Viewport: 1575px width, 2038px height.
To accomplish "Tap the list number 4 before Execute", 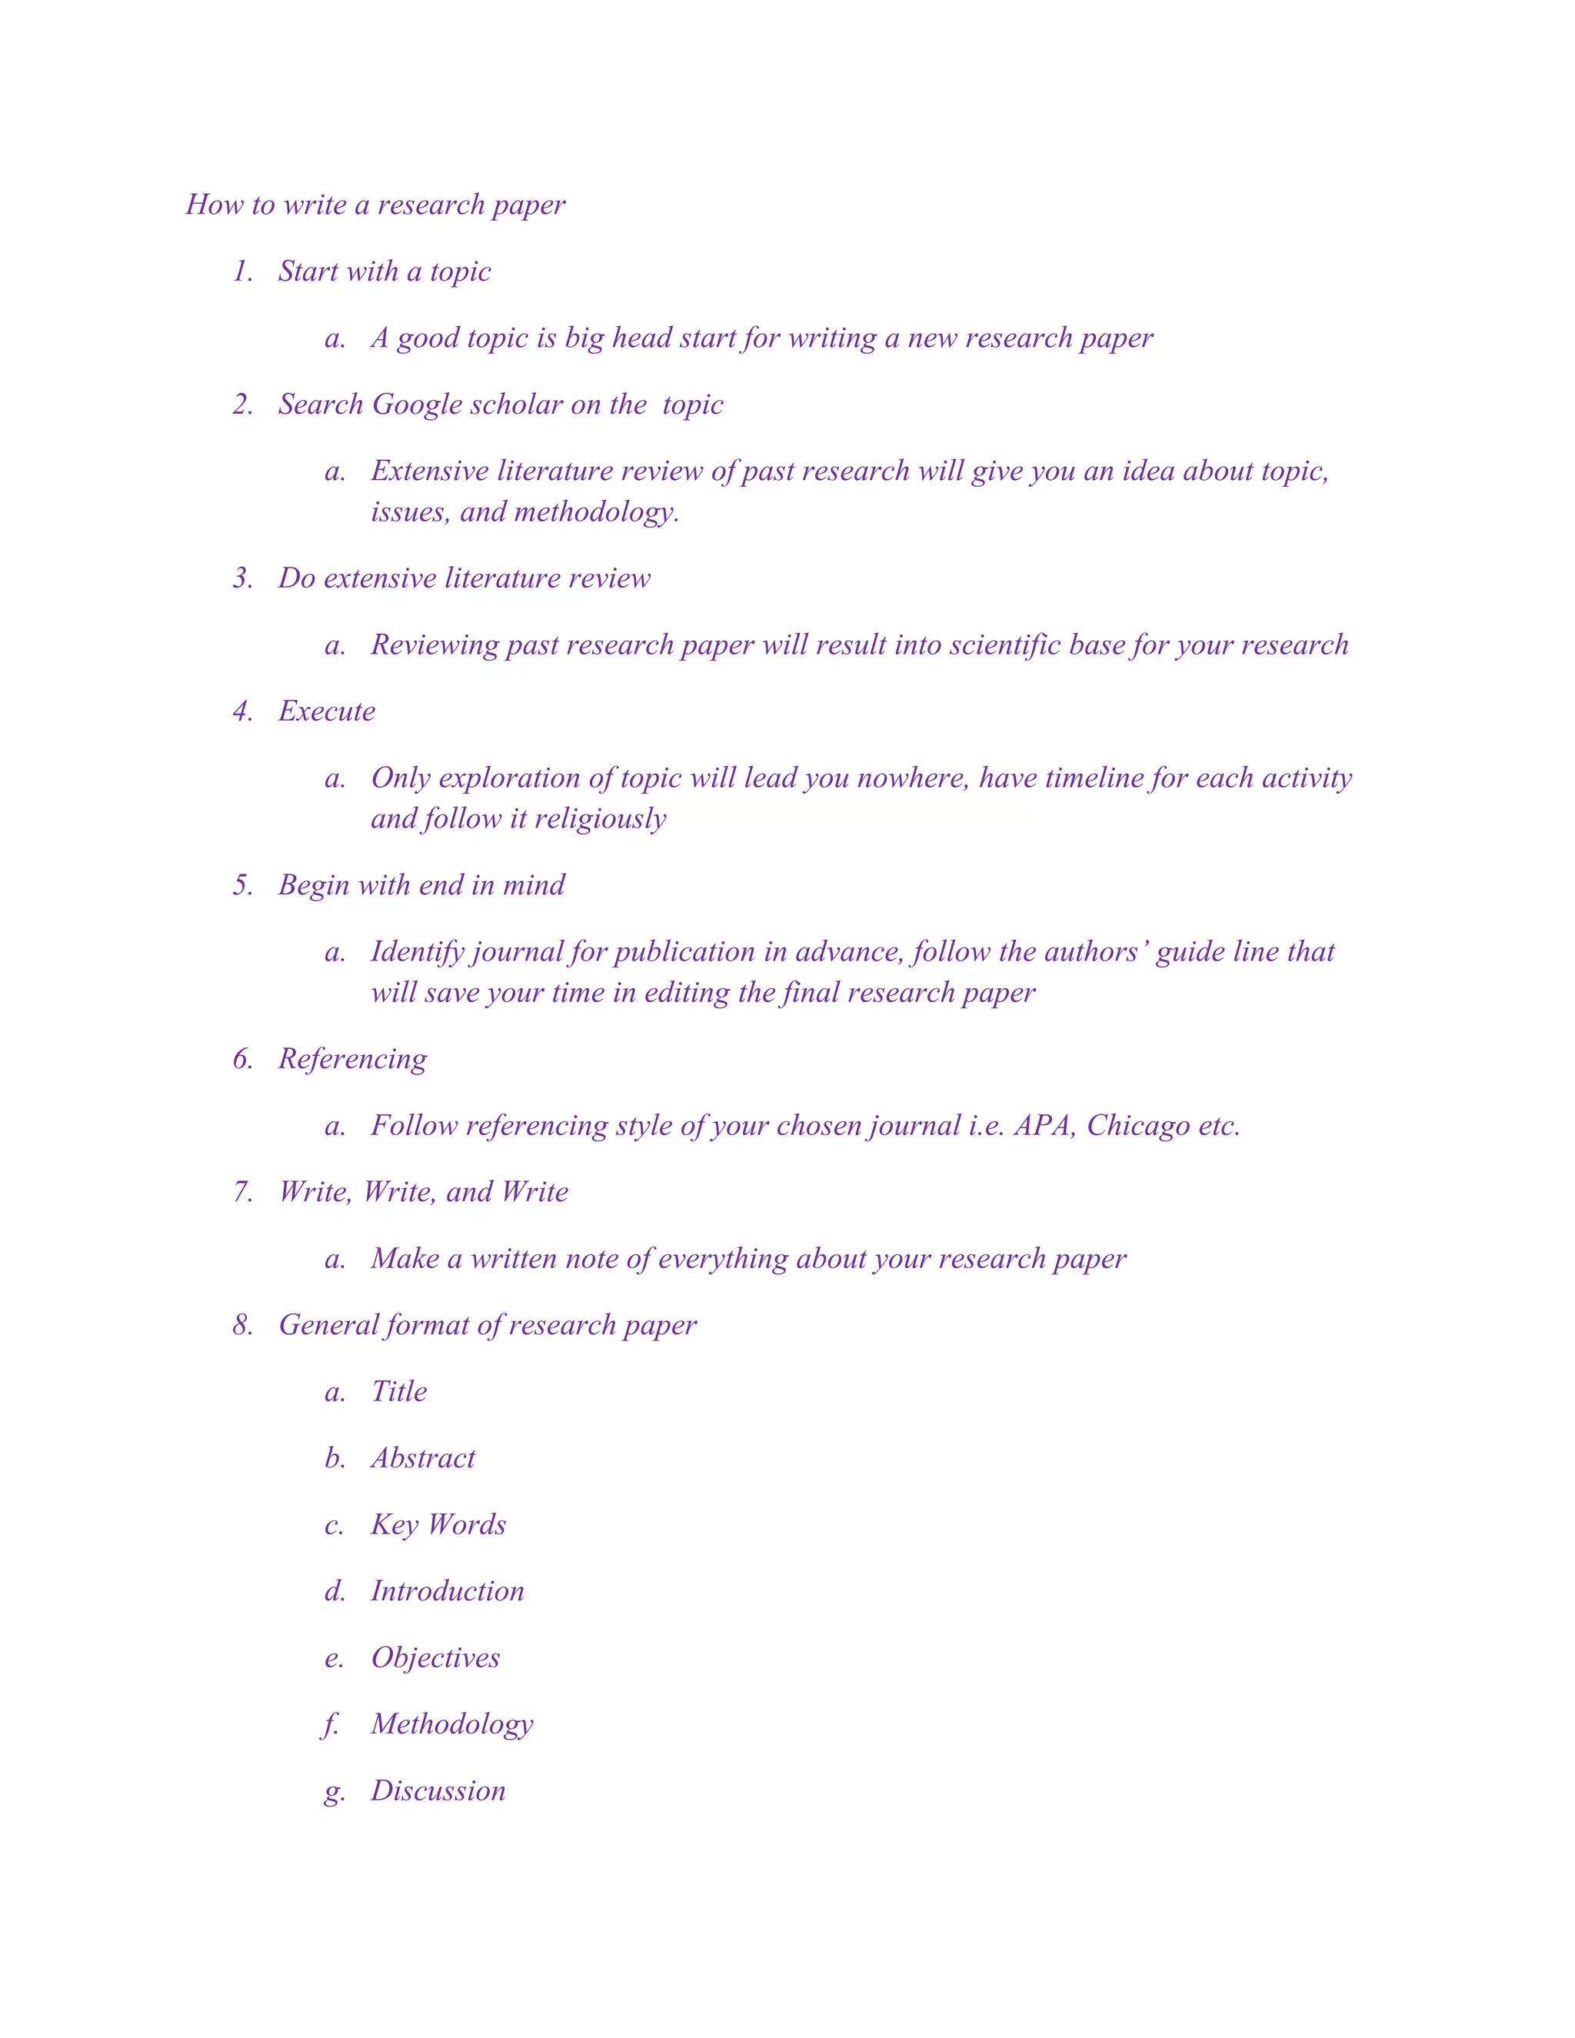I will click(x=241, y=712).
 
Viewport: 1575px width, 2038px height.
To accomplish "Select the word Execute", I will click(x=327, y=712).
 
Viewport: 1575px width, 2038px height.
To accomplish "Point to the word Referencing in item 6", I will click(x=353, y=1059).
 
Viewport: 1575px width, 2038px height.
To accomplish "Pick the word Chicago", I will click(x=1138, y=1125).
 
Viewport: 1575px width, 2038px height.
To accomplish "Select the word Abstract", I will click(x=423, y=1458).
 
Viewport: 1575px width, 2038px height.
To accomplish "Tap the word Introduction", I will click(x=447, y=1591).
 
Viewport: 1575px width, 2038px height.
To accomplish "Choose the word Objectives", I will click(x=435, y=1658).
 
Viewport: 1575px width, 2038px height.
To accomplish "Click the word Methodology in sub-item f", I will click(x=451, y=1724).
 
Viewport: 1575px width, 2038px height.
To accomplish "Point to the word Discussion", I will click(x=438, y=1790).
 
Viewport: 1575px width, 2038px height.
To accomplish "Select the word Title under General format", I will click(x=398, y=1392).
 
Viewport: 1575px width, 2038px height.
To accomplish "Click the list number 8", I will click(x=241, y=1325).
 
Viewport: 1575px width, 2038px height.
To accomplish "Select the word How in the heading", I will click(x=214, y=205).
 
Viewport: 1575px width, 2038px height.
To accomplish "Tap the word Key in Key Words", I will click(x=394, y=1526).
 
